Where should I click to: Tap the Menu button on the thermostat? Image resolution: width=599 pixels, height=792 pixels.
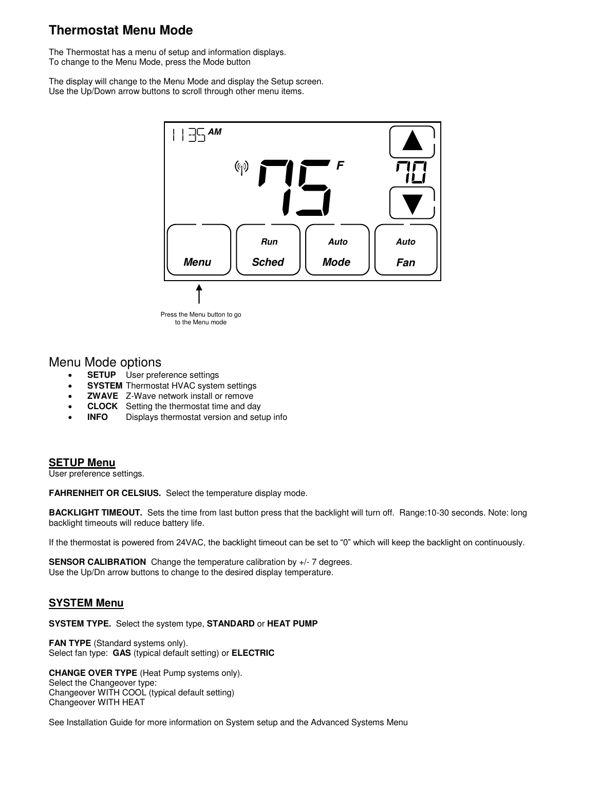(199, 250)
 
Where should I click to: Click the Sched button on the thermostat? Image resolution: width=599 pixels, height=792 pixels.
(268, 250)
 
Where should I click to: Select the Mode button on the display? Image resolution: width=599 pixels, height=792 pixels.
(338, 250)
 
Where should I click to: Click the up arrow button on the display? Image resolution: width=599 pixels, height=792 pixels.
(412, 142)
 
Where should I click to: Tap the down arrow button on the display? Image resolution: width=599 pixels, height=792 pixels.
(412, 203)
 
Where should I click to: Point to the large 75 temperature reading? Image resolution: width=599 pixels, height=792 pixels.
(295, 188)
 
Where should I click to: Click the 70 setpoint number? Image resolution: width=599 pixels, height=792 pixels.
(410, 173)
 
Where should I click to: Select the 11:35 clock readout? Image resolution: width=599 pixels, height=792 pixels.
(189, 135)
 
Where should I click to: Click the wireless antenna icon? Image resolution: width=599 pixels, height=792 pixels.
(241, 168)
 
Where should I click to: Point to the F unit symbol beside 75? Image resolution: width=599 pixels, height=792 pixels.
(340, 166)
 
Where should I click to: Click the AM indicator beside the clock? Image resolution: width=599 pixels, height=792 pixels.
(215, 132)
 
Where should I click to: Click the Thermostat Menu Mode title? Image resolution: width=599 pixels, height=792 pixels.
(121, 30)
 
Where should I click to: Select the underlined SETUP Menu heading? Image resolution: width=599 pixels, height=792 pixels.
(82, 463)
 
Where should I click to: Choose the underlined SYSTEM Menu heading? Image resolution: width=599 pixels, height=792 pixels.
(86, 603)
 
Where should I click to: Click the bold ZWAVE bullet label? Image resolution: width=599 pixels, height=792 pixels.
(102, 396)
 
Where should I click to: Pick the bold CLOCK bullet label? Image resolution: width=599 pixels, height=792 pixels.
(102, 407)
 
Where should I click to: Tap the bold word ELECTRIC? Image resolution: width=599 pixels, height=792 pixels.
(253, 653)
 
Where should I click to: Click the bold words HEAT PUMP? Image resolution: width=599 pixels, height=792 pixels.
(292, 624)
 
